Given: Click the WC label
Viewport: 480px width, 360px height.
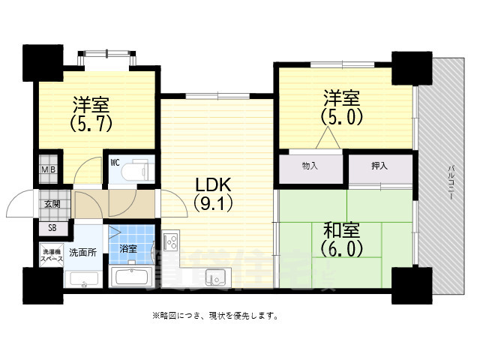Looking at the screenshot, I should [115, 161].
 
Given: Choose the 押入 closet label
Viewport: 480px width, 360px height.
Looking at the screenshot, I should [379, 165].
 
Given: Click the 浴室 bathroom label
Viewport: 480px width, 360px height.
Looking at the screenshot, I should [128, 248].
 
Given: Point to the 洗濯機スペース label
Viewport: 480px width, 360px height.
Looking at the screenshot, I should [52, 255].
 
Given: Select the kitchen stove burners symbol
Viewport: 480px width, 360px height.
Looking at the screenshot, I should [169, 241].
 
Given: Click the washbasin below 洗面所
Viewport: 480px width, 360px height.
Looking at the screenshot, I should [82, 278].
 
